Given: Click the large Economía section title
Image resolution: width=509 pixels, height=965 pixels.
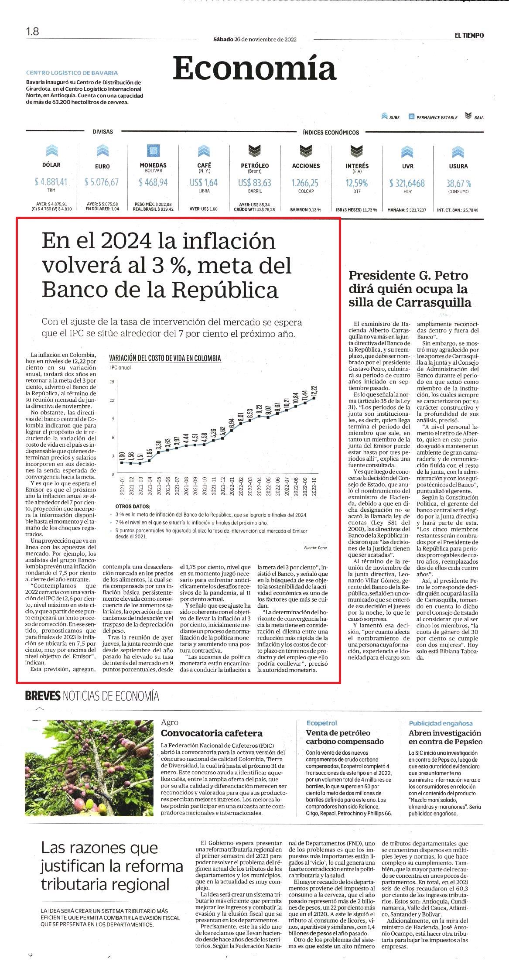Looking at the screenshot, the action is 255,68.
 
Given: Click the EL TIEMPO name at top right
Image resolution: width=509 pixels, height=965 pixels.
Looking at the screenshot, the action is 469,35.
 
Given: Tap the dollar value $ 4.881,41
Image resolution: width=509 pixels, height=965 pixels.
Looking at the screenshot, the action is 51,182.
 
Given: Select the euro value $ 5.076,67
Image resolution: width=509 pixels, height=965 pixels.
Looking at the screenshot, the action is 102,182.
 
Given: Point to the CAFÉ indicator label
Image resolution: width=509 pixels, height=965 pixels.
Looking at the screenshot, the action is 204,165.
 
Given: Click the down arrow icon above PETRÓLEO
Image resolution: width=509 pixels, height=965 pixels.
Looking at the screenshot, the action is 255,151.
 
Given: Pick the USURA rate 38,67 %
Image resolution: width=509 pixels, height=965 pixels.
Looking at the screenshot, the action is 458,183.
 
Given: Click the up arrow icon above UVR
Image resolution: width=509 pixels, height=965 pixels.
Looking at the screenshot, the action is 407,151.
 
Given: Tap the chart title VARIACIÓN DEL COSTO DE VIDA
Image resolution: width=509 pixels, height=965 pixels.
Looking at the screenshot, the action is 165,358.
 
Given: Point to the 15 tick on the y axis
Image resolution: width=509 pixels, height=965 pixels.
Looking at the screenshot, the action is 112,382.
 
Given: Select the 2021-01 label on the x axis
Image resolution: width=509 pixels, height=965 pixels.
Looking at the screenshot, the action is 123,486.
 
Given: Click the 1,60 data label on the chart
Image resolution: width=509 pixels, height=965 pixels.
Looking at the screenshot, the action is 122,456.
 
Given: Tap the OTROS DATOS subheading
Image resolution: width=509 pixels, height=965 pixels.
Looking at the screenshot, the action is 133,506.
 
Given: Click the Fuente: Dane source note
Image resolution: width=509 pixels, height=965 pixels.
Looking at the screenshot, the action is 315,548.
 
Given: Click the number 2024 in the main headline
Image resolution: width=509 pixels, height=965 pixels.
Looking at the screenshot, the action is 126,241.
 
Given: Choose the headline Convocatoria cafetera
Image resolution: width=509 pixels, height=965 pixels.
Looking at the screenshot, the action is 212,733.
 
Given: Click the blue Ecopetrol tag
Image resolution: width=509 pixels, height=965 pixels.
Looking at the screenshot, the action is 322,723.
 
